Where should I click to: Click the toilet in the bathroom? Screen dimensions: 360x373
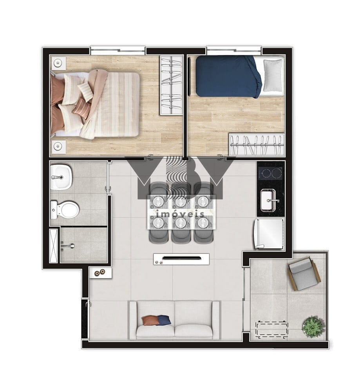tap(64, 210)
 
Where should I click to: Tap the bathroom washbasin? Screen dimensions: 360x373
tap(61, 177)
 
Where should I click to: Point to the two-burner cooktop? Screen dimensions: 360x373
tap(270, 173)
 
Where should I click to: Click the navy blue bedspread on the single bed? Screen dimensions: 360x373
tap(228, 76)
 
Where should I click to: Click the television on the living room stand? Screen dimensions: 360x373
tap(181, 258)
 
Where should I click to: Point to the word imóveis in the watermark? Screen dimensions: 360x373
tap(181, 214)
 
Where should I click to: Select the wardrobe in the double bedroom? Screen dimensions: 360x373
tap(171, 85)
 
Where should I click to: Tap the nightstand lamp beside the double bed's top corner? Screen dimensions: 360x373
tap(58, 63)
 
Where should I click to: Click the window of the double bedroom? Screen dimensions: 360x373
tap(118, 51)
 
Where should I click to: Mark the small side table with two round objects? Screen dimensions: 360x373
tap(100, 272)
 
